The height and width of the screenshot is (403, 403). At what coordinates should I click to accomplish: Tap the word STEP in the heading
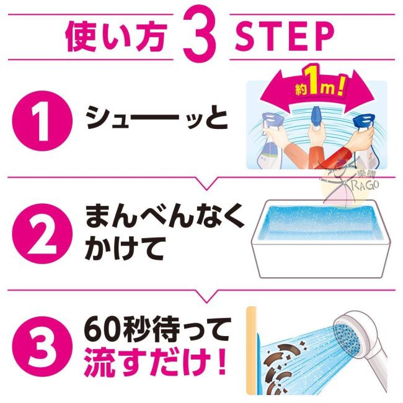point(284,37)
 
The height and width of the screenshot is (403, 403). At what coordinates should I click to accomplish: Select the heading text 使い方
point(115,37)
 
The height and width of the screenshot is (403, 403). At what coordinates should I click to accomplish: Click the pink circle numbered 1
point(42,121)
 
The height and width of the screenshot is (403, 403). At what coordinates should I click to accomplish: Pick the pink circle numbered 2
point(42,234)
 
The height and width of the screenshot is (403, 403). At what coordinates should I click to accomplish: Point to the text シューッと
point(157,119)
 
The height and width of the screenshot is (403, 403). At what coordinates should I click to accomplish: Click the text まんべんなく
point(165,216)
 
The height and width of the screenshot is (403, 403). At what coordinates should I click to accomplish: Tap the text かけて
point(124,249)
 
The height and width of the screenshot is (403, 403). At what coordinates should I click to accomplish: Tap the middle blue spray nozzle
point(317,116)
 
